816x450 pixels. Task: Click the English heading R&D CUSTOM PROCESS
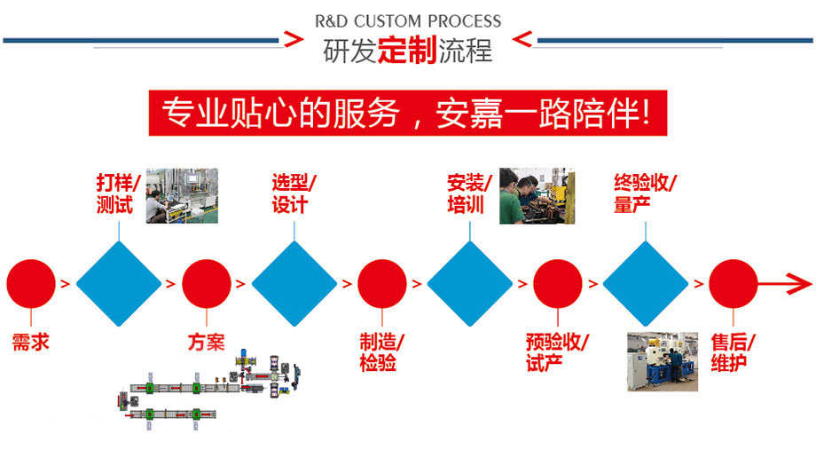(x=408, y=20)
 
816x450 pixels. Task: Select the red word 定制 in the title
(x=407, y=51)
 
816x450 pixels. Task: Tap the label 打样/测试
(x=118, y=194)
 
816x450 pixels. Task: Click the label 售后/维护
(x=733, y=352)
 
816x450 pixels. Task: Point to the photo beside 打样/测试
(x=181, y=194)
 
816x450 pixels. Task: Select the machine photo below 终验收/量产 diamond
(x=663, y=361)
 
